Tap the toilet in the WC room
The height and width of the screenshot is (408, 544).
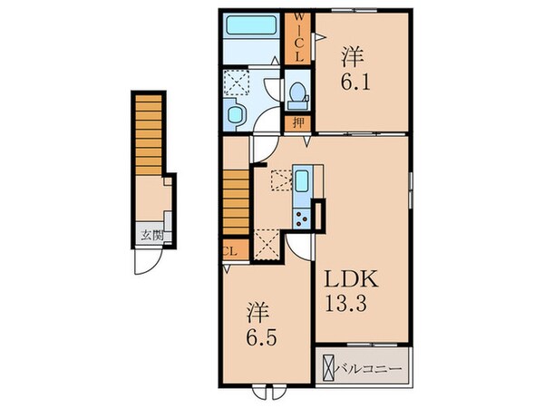coord(296,92)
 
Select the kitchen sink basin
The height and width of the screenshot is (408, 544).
coord(302,180)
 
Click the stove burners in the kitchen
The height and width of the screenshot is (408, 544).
coord(300,215)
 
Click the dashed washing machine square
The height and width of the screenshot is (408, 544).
coord(238,83)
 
